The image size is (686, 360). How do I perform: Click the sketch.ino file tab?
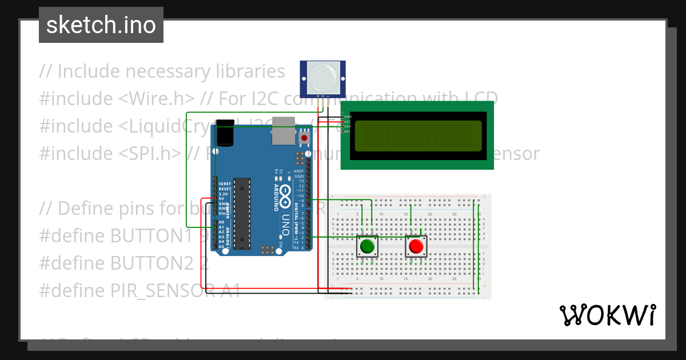coord(101,25)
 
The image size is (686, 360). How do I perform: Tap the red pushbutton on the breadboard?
coord(416,247)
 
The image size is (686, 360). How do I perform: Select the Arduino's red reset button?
coord(304,138)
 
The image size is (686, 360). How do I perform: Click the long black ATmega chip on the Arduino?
coord(242,214)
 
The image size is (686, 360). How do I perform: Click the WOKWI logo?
coord(608,315)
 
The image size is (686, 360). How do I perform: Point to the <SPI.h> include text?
coord(150,153)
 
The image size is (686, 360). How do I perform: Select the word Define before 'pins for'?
coord(87,208)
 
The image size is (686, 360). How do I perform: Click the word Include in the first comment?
coord(88,71)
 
